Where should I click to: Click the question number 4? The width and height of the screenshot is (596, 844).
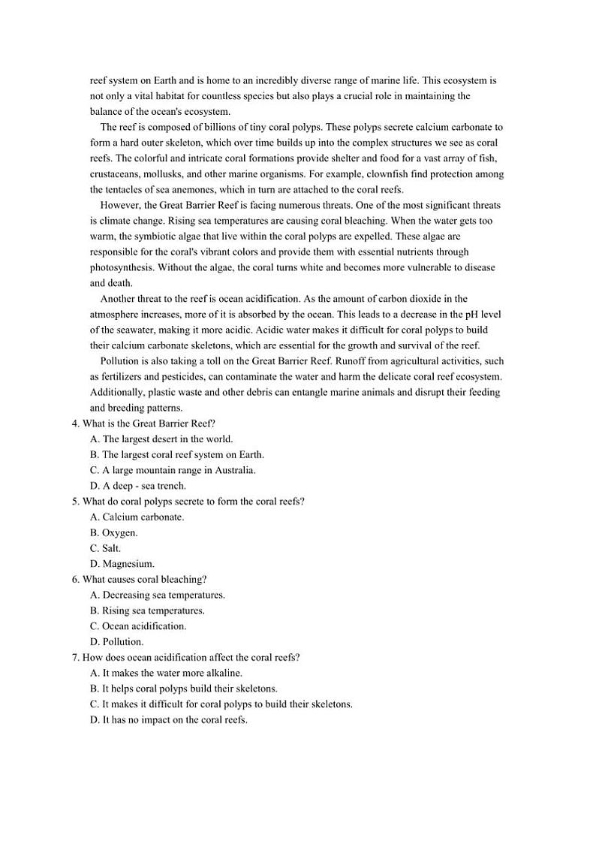coord(75,424)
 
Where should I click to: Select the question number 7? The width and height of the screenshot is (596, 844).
coord(75,657)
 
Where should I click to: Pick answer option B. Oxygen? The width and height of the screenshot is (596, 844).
coord(113,532)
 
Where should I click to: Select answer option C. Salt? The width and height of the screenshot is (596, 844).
coord(105,548)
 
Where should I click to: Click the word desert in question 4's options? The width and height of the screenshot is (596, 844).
coord(178,439)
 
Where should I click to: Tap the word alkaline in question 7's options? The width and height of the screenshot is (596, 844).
coord(222,673)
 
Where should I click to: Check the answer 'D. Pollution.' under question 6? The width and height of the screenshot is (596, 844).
coord(116,641)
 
